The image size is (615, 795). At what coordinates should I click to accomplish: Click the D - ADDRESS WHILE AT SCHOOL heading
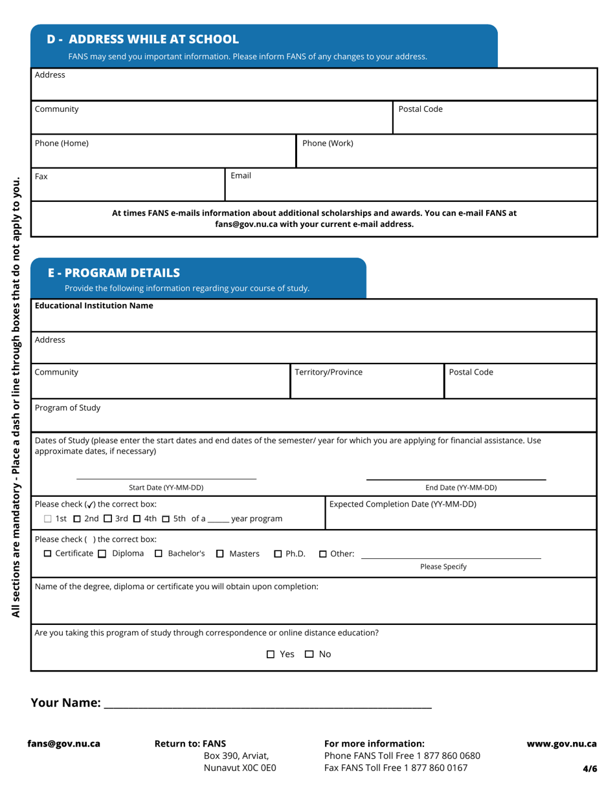pos(143,39)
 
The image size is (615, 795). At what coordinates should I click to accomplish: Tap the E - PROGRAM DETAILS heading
pos(114,272)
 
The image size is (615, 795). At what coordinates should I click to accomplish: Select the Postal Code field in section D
pos(495,118)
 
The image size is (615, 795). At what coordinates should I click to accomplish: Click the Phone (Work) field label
pos(328,144)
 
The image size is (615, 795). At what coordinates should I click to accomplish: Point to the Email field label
pos(241,176)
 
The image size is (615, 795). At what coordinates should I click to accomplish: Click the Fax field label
pos(41,176)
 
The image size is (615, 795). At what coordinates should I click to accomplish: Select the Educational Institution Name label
pos(94,305)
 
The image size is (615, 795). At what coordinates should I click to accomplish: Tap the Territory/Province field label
pos(328,373)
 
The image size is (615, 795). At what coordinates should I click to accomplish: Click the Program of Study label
pos(67,408)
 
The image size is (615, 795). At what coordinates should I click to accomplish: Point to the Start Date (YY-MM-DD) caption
pos(166,487)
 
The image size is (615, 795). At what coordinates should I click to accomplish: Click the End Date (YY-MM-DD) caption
pos(461,487)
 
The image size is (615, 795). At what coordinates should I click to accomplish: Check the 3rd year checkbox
pos(108,519)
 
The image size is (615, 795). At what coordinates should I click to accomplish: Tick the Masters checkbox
pos(219,554)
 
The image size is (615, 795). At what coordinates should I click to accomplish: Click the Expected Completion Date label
pos(403,504)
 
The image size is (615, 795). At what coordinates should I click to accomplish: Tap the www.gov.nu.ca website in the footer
pos(561,744)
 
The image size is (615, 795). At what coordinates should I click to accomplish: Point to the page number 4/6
pos(590,769)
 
